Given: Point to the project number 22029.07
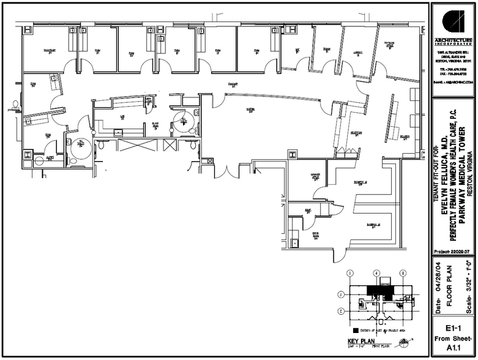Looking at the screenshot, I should tap(453, 252).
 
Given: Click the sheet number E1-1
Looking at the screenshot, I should tap(453, 328).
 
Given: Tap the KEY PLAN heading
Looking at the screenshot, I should tap(360, 341).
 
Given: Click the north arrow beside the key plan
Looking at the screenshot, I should tap(402, 342).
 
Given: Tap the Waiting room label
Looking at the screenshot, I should tap(250, 110).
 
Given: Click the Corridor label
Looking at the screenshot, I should tap(233, 84).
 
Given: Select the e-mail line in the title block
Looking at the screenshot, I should tap(453, 81).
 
